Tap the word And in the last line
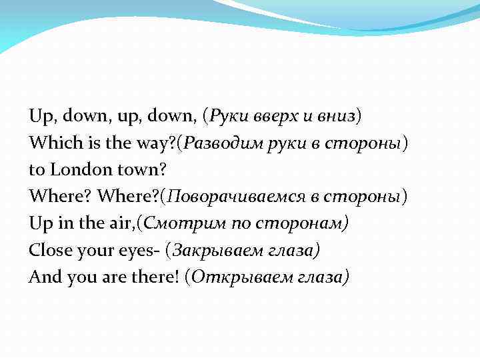click(x=43, y=277)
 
